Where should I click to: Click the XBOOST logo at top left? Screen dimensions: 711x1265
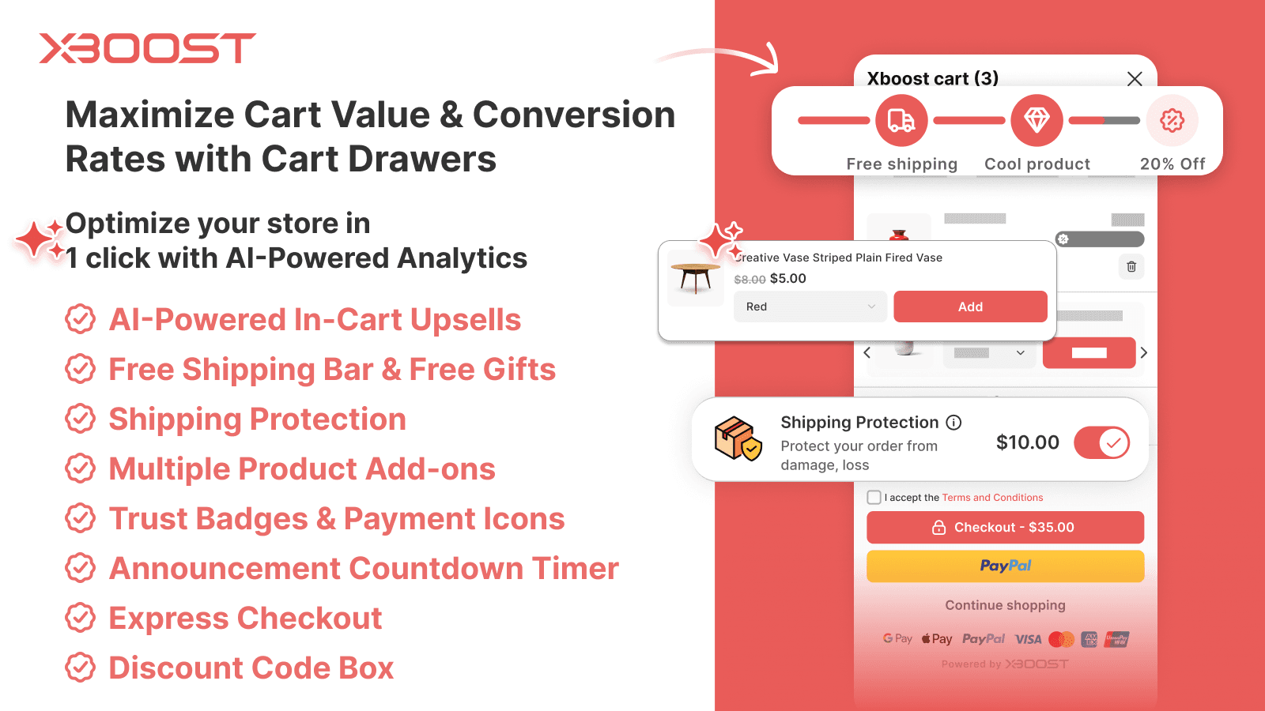click(x=147, y=48)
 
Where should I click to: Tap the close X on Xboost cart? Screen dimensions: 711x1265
click(x=1135, y=79)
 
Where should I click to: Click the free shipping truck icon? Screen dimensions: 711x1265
click(x=901, y=121)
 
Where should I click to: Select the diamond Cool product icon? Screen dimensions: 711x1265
click(x=1037, y=121)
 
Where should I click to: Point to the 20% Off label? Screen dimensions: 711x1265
click(x=1172, y=164)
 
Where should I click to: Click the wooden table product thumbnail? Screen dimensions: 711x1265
click(x=696, y=277)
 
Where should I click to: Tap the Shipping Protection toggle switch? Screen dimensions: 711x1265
click(x=1102, y=442)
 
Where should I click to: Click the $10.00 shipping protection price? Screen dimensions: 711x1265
click(x=1027, y=442)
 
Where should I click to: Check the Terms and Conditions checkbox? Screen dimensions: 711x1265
click(x=874, y=498)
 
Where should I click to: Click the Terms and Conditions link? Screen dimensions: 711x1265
click(x=992, y=498)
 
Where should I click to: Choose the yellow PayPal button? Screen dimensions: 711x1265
click(x=1005, y=566)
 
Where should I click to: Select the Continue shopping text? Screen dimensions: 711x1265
click(x=1005, y=605)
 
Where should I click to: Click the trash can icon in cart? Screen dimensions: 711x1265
click(x=1131, y=267)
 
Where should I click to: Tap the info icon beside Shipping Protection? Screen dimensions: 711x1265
click(x=954, y=423)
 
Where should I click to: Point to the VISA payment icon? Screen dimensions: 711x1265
click(x=1028, y=639)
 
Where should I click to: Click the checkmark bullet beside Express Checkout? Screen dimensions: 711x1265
click(x=81, y=618)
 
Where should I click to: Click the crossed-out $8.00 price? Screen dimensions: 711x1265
click(x=750, y=280)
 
